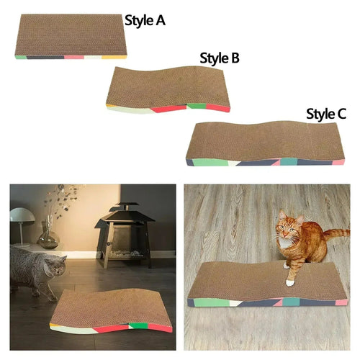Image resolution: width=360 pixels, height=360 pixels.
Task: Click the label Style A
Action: (x=145, y=20)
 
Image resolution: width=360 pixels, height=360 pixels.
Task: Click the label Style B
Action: (x=220, y=58)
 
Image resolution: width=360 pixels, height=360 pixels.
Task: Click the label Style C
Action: (x=326, y=114)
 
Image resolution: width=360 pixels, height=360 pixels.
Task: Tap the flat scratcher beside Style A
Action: (x=71, y=37)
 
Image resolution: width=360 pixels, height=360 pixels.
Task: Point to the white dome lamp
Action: (x=22, y=217)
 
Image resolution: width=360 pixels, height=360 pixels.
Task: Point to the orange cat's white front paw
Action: (x=289, y=282)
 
